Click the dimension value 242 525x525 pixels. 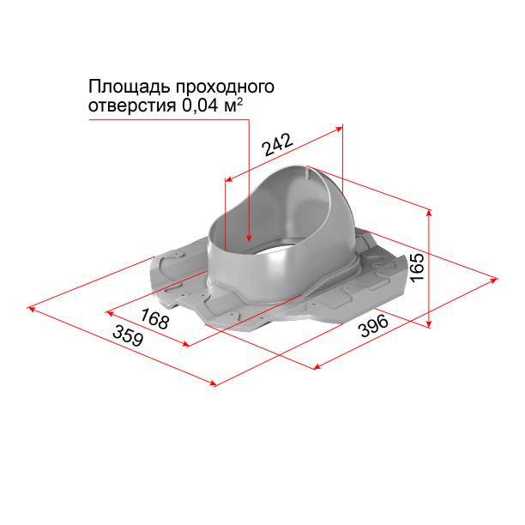pos(278,144)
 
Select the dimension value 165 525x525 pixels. pos(417,268)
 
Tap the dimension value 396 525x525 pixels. pos(372,328)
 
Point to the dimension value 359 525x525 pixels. pos(127,335)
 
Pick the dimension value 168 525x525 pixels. pos(154,320)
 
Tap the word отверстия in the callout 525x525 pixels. pos(132,106)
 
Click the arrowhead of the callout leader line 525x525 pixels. pos(249,238)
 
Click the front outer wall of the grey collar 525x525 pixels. pos(257,275)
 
